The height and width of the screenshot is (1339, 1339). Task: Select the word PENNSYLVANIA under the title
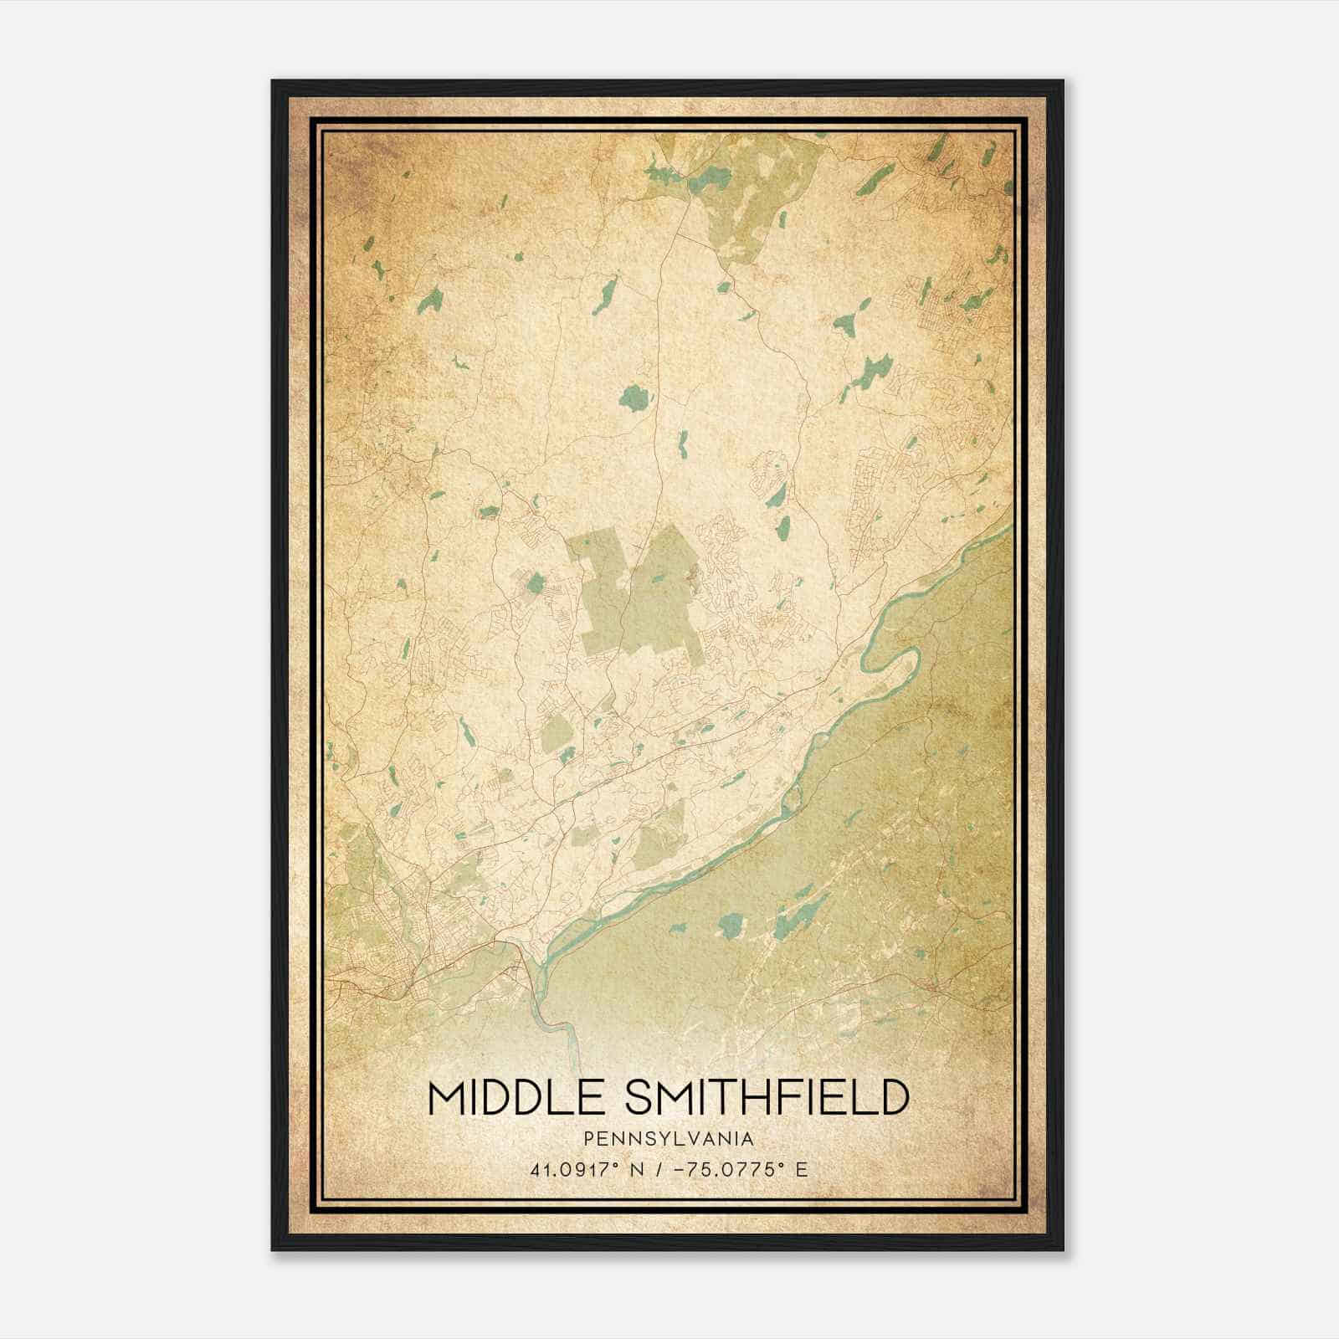pos(669,1139)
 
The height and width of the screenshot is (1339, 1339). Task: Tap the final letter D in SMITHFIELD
pos(894,1097)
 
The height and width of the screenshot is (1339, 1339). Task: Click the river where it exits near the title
pos(569,1046)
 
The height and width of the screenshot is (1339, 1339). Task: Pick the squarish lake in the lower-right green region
pos(732,925)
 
